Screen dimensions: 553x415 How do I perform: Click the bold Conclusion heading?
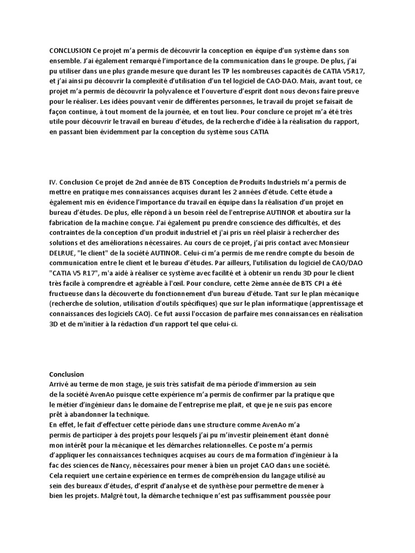pos(67,374)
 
